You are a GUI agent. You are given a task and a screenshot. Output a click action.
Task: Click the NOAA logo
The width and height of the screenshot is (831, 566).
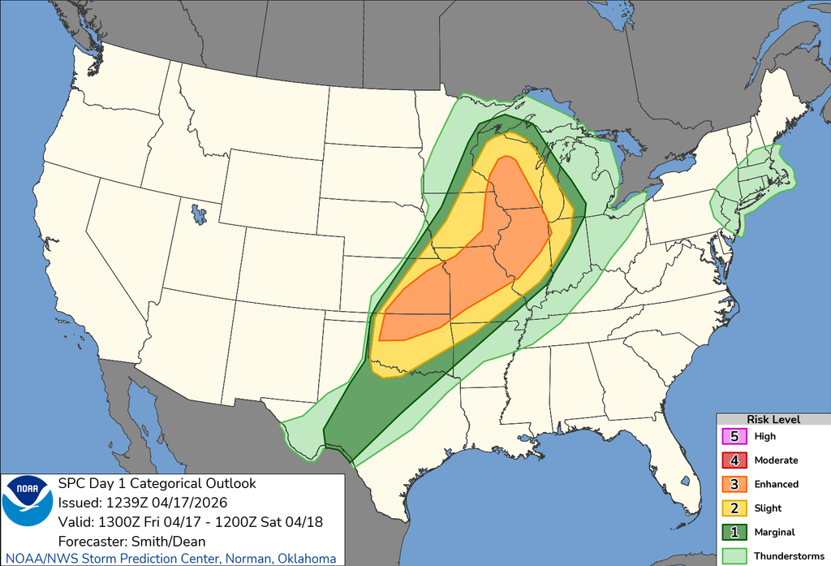point(28,502)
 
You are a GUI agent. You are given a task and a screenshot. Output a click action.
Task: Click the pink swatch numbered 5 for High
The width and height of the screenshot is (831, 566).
point(734,436)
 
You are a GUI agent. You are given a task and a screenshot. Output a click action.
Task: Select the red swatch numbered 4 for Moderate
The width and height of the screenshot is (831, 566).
point(734,460)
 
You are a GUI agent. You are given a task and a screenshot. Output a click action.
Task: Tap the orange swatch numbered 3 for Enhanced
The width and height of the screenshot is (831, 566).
point(734,484)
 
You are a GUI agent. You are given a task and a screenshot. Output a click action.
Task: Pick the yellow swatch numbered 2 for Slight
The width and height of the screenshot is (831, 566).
point(734,508)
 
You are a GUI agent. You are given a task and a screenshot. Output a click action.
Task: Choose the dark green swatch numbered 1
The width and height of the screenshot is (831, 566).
point(734,532)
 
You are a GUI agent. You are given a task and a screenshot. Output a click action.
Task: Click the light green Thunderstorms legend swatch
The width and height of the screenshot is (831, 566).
point(734,556)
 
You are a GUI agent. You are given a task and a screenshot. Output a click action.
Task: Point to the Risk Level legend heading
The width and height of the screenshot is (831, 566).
point(773,419)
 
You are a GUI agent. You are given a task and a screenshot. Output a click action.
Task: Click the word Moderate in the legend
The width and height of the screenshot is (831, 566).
point(776,460)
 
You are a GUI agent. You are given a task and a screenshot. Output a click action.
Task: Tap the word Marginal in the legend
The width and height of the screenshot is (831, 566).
point(775,532)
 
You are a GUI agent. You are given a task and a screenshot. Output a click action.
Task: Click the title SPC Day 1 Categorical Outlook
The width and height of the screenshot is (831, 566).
point(157,484)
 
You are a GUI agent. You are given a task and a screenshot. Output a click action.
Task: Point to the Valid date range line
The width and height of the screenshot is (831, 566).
point(190,521)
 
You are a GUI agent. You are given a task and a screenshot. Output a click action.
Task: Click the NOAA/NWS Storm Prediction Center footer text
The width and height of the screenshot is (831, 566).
point(168,558)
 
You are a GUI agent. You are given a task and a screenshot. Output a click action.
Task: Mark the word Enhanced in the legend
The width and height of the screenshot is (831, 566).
point(776,484)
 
